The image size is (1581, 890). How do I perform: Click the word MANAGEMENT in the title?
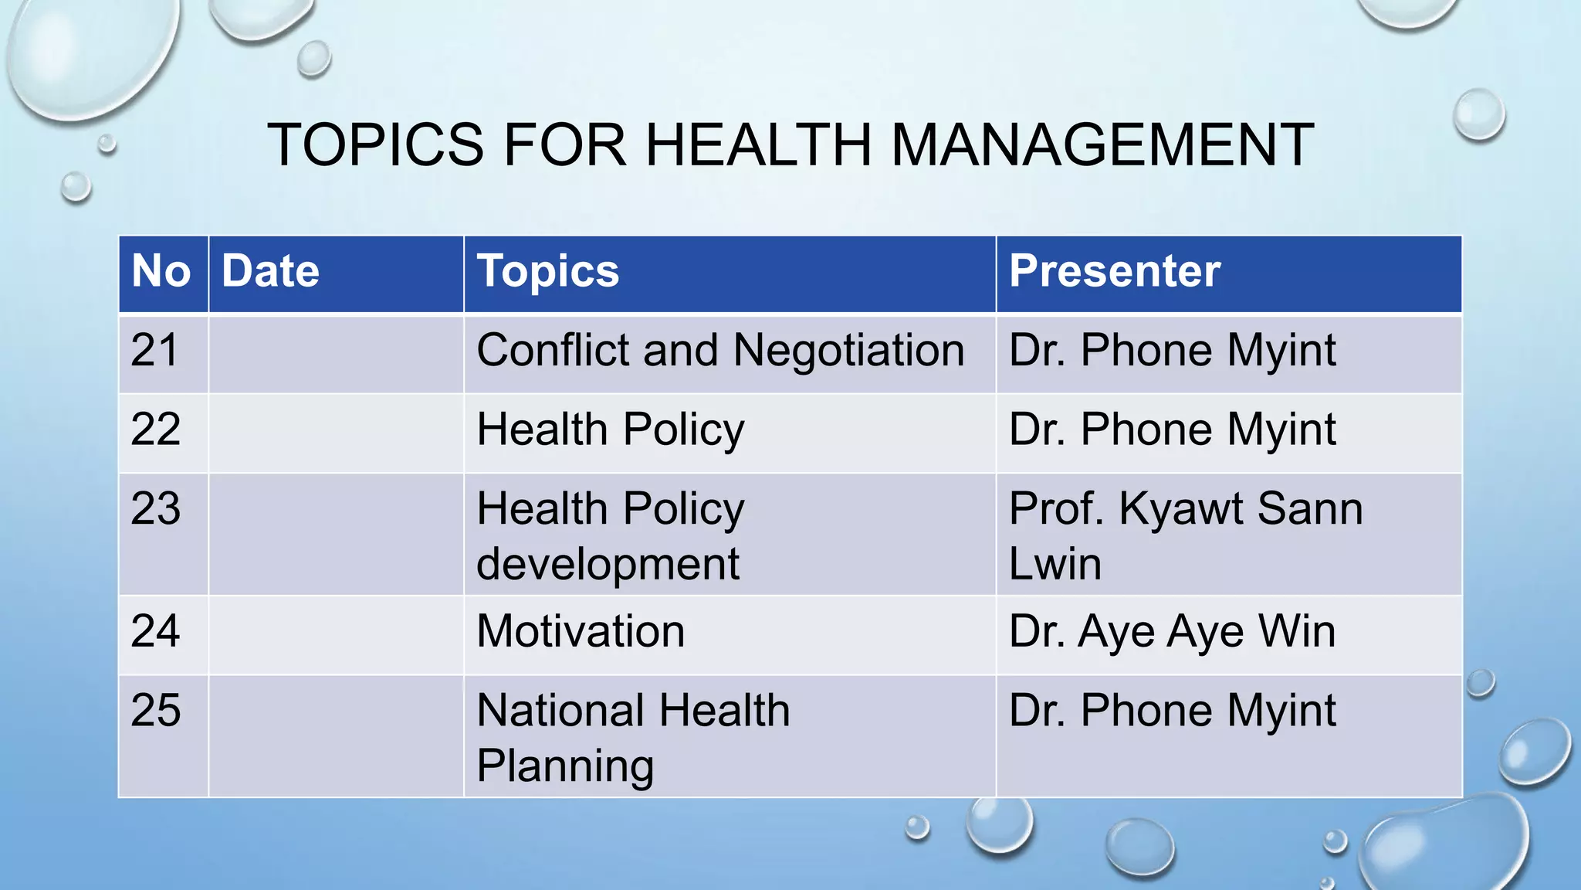1102,144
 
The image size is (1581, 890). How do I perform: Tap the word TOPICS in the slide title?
375,144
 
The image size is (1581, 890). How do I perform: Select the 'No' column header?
161,271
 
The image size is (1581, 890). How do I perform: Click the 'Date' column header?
270,271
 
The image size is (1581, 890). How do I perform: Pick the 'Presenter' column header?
1114,271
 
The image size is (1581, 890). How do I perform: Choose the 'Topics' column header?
547,271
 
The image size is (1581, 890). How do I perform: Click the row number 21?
154,350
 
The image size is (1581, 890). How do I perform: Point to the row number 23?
155,508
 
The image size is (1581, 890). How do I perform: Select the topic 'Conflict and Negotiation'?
720,351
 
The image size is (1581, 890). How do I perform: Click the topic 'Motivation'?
581,631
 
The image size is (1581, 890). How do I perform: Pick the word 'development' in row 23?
608,564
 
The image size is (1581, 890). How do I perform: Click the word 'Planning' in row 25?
565,766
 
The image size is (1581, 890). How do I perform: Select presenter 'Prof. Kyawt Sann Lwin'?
1185,535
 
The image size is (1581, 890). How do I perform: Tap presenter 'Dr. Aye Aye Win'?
1171,631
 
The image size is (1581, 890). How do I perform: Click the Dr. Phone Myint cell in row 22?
1171,430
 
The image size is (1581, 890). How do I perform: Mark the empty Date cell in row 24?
336,634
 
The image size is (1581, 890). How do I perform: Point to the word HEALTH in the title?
758,144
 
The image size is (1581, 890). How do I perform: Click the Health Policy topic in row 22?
610,430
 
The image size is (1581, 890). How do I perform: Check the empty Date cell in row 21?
336,353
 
